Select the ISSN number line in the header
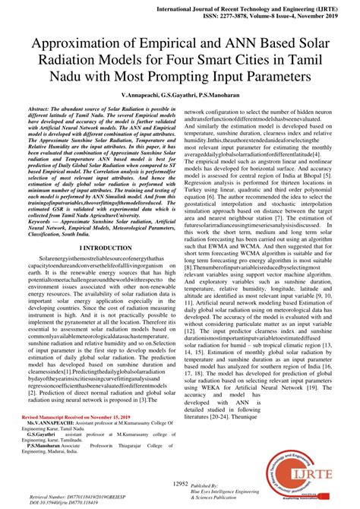271,14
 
